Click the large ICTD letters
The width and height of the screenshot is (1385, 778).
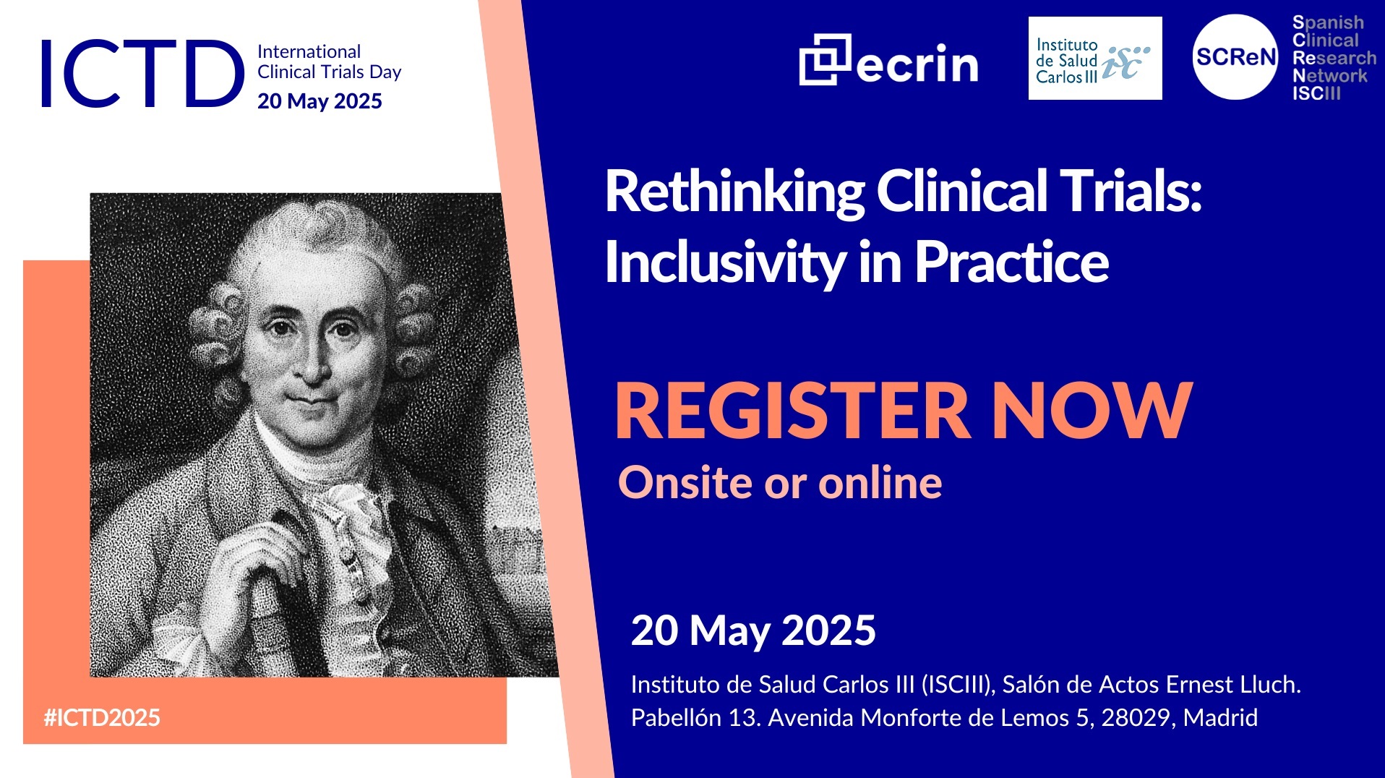142,73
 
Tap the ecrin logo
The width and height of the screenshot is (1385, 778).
888,60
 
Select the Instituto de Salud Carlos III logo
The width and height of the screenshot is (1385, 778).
1095,59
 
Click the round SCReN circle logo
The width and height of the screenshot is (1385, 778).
1235,57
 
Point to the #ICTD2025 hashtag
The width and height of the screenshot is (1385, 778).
102,717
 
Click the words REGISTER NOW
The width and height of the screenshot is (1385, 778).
903,411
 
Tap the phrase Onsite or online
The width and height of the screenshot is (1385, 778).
780,482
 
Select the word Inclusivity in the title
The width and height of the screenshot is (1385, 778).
725,262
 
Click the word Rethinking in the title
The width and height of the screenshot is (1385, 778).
734,192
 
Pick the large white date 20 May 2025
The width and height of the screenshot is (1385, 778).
753,630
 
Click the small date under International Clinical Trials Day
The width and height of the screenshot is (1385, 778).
320,101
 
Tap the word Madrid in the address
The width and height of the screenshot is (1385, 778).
1221,718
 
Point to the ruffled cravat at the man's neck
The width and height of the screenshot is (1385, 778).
351,521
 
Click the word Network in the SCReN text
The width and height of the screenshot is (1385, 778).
1330,76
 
